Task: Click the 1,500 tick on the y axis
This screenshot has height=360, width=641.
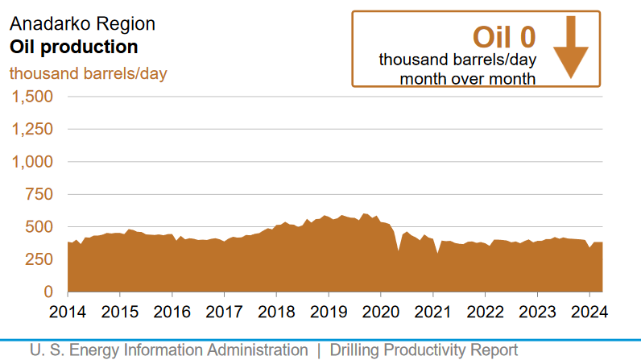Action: click(31, 97)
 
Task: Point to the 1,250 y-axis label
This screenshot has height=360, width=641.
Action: click(31, 129)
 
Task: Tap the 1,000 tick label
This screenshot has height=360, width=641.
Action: click(31, 162)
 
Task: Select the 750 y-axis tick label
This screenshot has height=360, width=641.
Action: click(39, 194)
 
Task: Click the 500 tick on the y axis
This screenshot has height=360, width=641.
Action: click(39, 227)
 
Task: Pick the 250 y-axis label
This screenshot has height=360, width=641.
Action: click(39, 259)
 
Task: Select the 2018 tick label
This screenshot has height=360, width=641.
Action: click(276, 312)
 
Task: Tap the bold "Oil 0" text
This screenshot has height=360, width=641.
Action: click(503, 37)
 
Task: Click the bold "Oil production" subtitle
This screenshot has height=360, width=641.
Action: click(73, 47)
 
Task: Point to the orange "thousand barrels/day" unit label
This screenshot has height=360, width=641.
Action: click(88, 73)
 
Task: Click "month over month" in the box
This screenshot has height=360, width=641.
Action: click(468, 78)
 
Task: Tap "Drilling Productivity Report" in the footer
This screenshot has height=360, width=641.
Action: click(424, 350)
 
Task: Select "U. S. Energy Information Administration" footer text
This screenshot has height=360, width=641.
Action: click(169, 350)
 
